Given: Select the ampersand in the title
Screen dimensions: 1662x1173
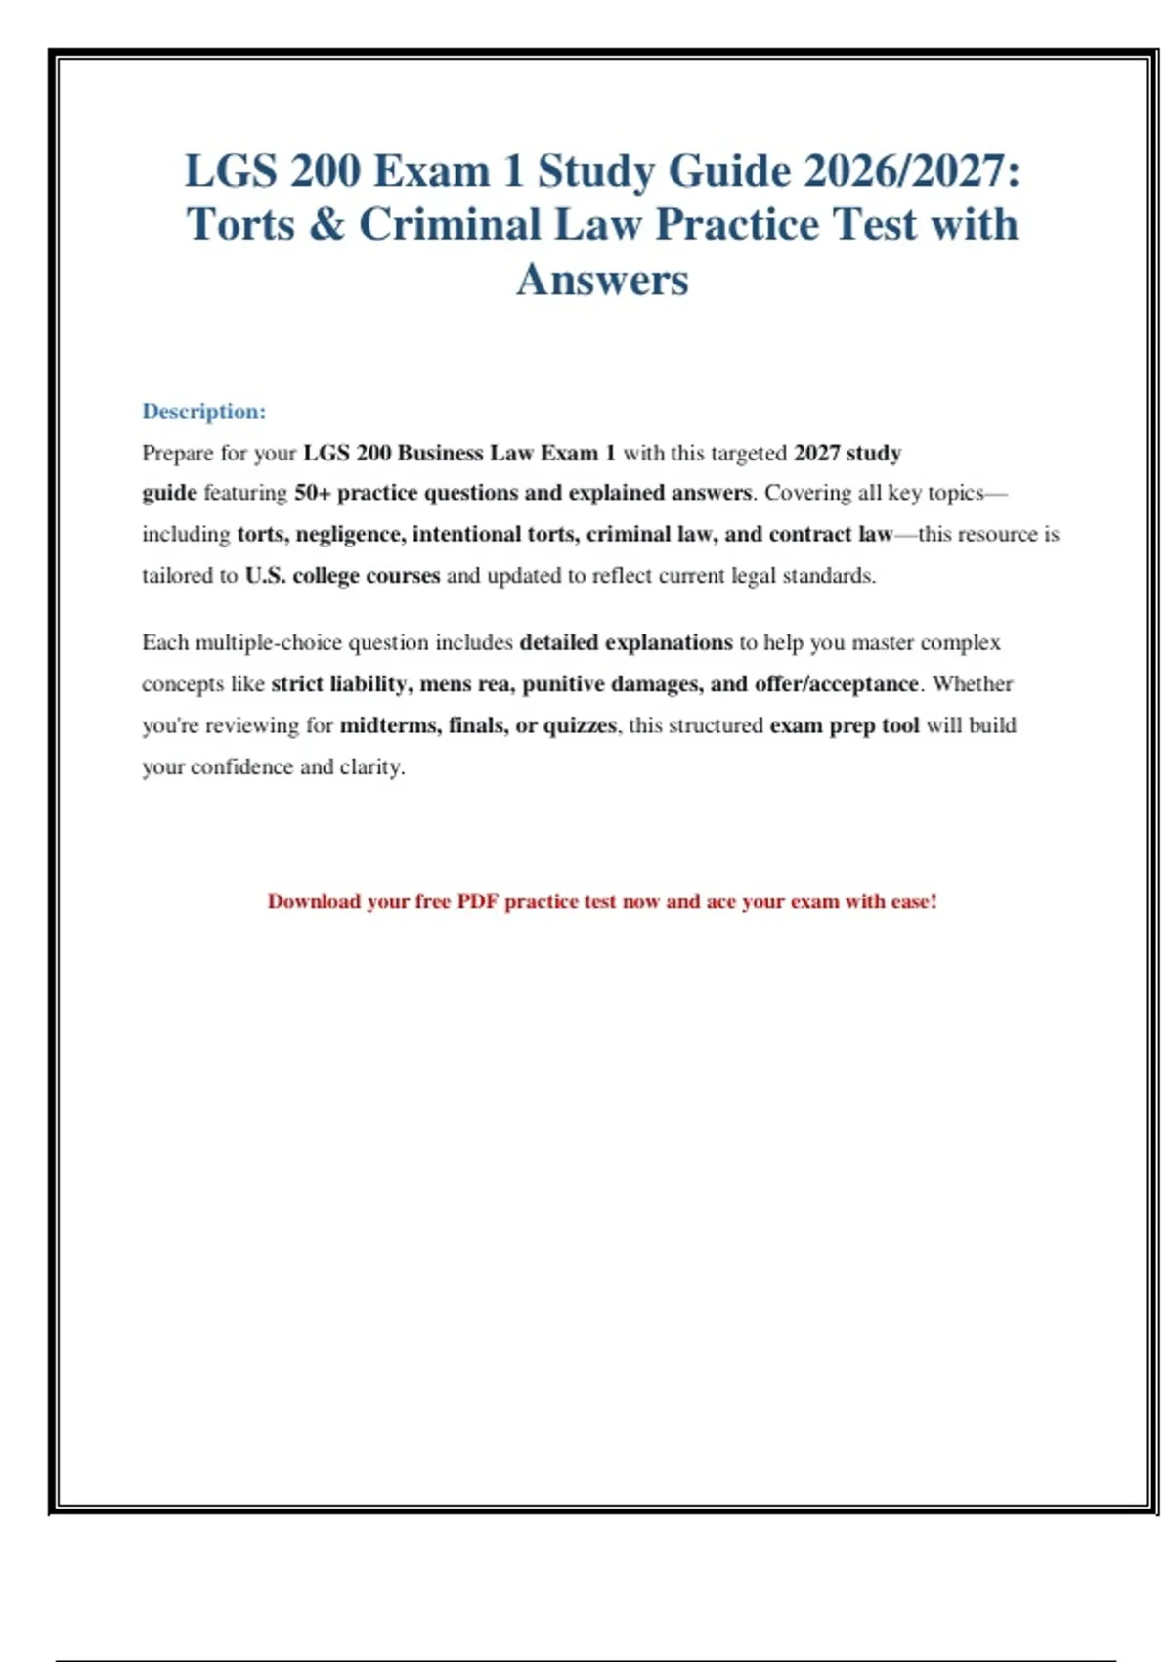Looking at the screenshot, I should (326, 225).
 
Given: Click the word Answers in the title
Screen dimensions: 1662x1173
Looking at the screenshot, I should (602, 280).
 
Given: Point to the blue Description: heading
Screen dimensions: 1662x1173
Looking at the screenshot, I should (203, 412).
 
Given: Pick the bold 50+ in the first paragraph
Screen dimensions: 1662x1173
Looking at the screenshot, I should (312, 493).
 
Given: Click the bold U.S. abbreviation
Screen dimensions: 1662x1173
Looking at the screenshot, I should (265, 576).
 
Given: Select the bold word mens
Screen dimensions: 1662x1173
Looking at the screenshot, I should (445, 684).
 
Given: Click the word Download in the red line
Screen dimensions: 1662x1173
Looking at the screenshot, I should (314, 901).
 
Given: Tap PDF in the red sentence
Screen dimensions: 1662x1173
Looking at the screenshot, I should (477, 901).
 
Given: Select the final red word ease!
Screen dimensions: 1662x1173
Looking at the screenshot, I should (913, 901).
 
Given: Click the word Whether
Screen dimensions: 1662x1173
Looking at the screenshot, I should (973, 684).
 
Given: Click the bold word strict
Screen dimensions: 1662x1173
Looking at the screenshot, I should (297, 684).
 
